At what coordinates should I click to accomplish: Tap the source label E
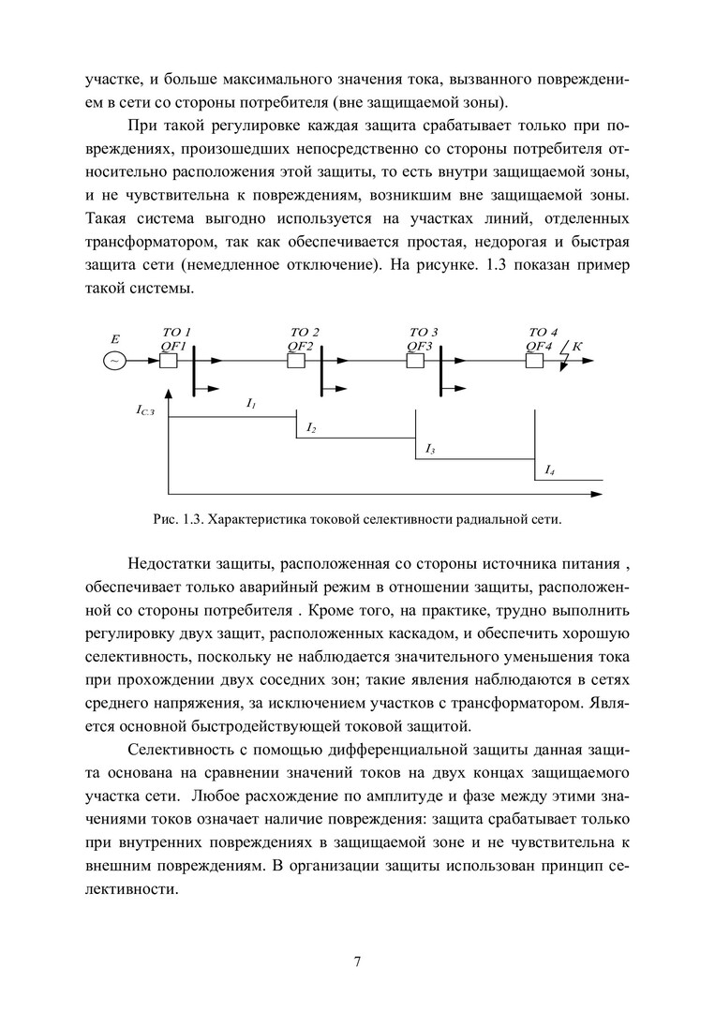coord(115,338)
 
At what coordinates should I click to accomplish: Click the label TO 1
coord(177,332)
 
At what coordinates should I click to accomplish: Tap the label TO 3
coord(424,332)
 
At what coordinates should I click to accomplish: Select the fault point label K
coord(577,346)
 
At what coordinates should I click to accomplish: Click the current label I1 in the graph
coord(251,404)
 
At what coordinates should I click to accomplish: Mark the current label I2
coord(311,428)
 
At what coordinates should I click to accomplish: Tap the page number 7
coord(357,961)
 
